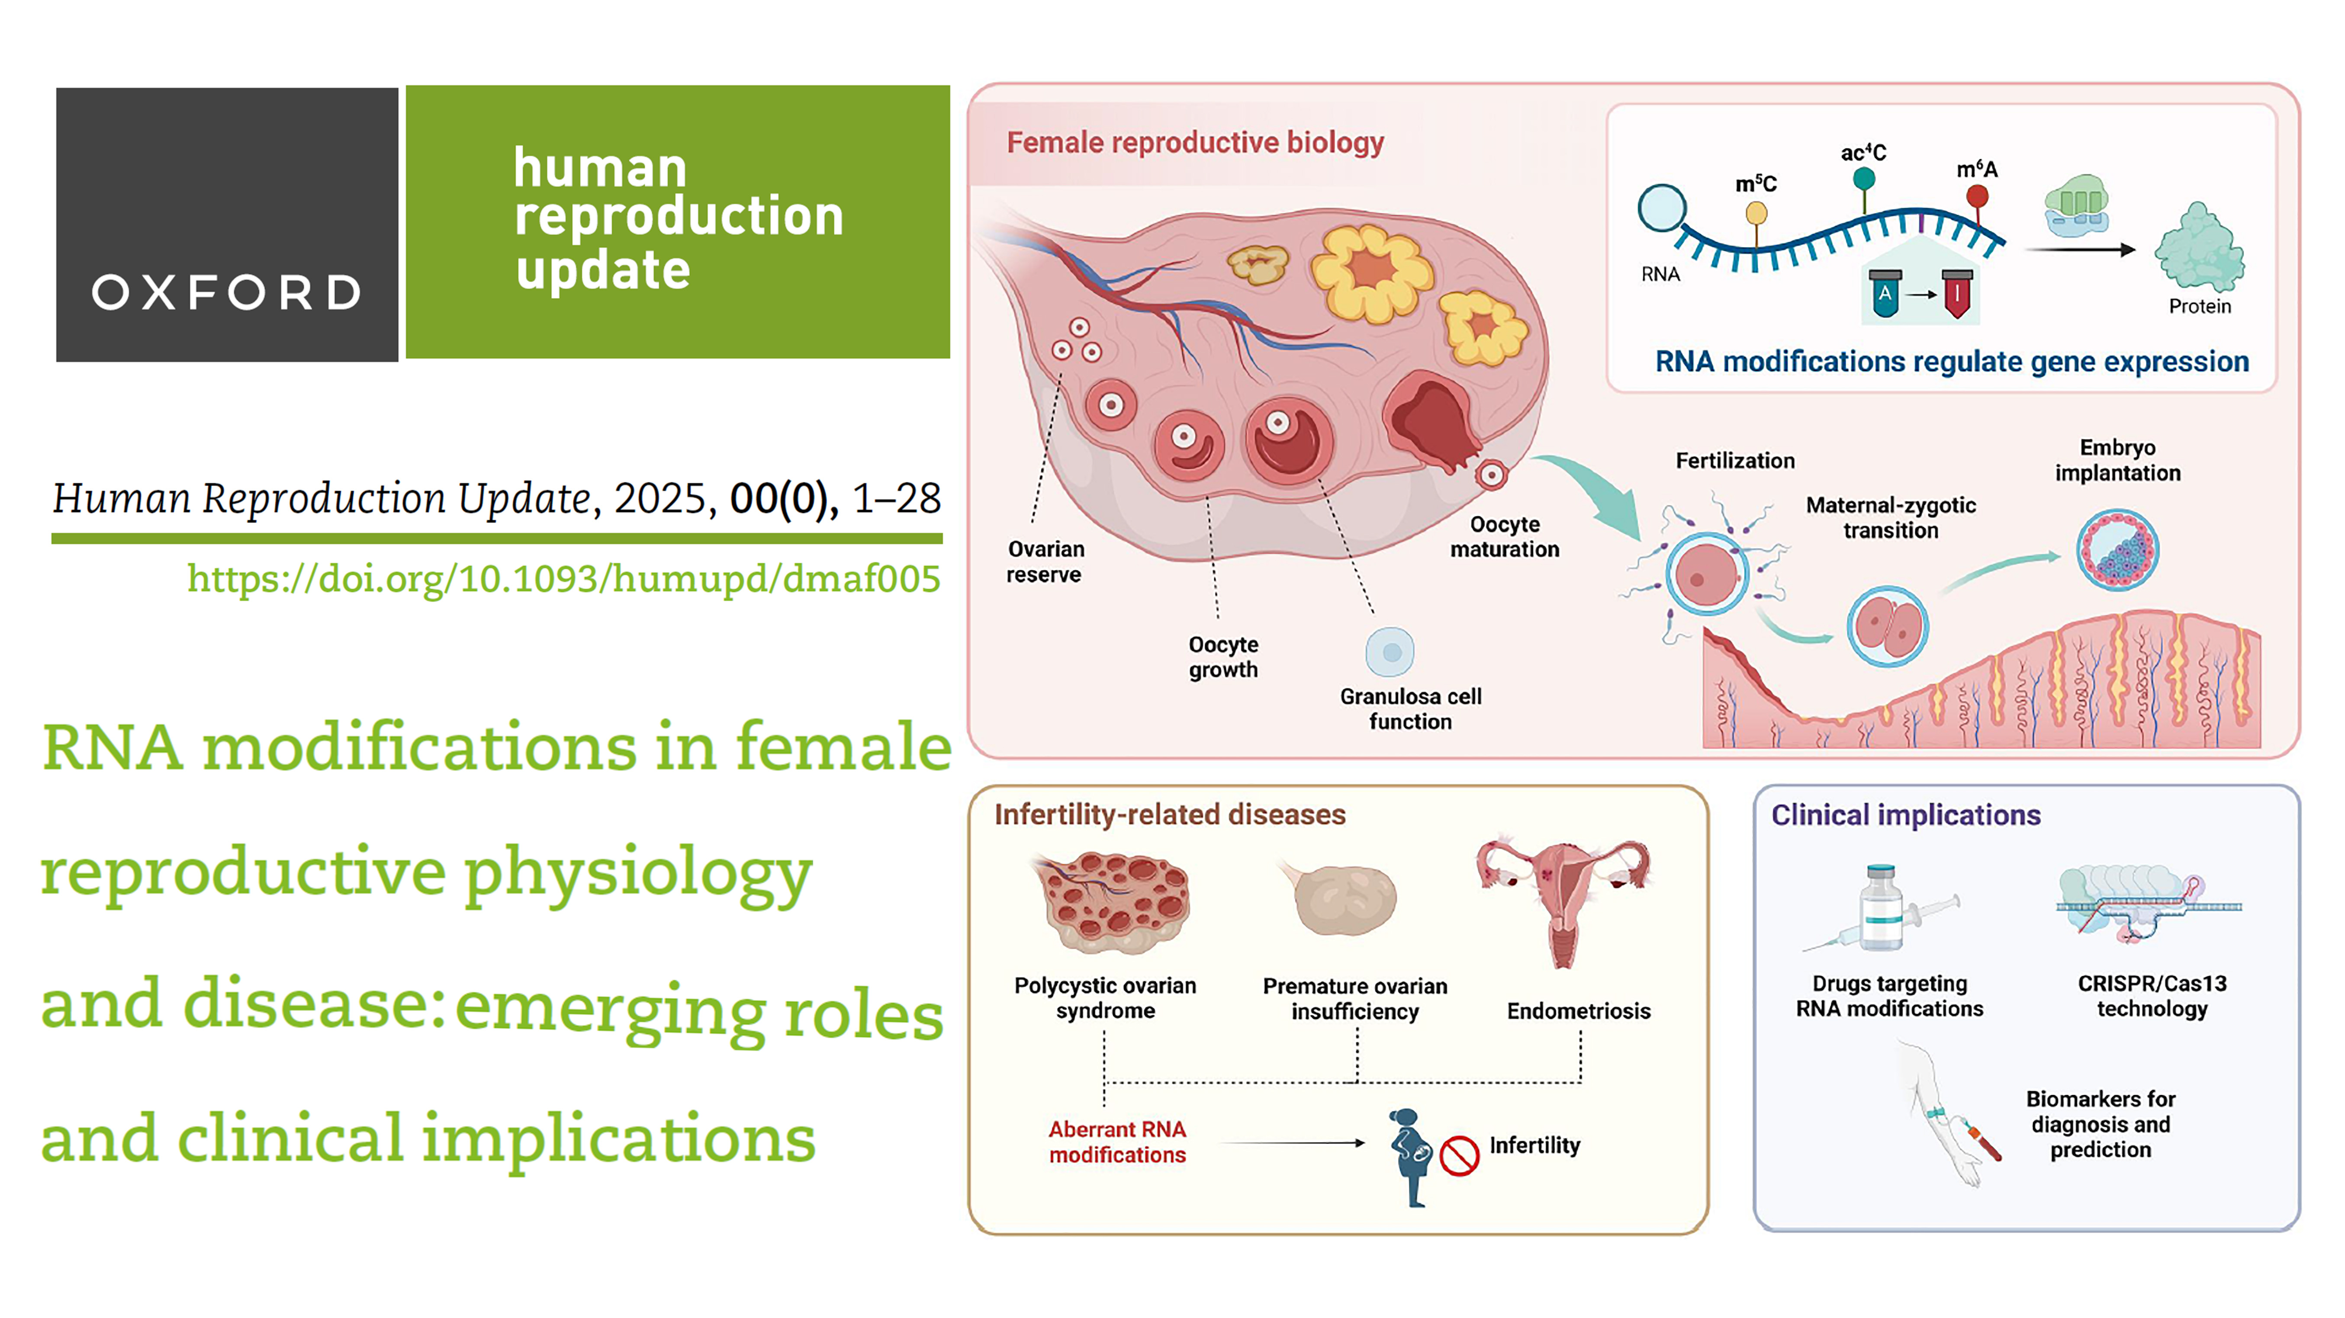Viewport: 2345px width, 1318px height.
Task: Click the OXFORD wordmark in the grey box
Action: pos(227,292)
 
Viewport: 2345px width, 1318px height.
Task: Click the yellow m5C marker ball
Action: pos(1756,213)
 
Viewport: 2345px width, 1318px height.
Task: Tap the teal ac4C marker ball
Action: pos(1863,178)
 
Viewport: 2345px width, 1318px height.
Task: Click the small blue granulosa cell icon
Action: pos(1390,652)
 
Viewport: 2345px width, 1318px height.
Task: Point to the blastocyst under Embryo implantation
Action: pos(2117,550)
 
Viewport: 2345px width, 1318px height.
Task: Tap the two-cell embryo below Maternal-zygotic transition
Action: pos(1887,626)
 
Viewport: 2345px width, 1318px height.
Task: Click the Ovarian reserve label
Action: pos(1045,561)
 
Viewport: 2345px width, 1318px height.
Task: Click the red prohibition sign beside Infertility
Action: pos(1459,1156)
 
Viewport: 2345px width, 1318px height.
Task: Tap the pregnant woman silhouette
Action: pos(1409,1158)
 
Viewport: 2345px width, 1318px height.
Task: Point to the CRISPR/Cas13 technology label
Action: pos(2152,996)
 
